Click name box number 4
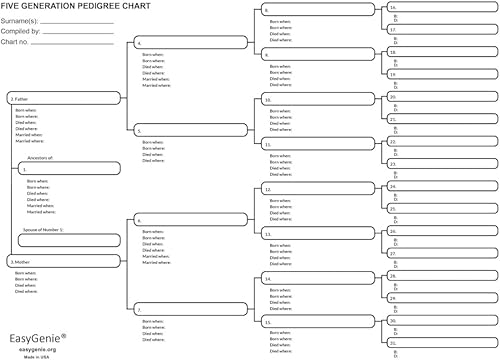point(190,44)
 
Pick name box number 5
point(190,131)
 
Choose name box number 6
point(190,220)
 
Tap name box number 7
point(190,309)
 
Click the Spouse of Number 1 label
point(42,229)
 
